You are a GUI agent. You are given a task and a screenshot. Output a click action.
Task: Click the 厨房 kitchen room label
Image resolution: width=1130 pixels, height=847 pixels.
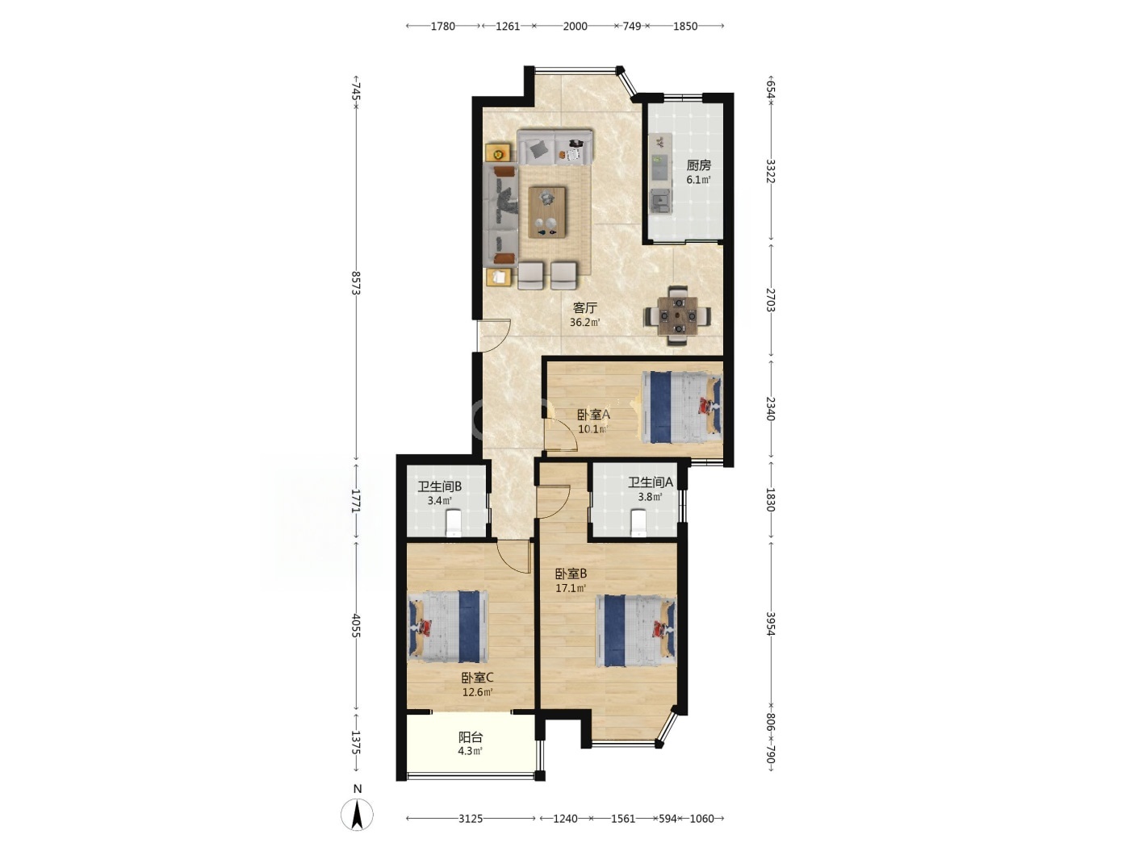click(698, 165)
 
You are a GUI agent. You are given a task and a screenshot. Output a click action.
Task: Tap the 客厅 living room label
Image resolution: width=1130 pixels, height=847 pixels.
click(585, 308)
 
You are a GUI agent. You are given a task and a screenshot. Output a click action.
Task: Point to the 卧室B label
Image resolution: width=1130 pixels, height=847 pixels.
click(571, 574)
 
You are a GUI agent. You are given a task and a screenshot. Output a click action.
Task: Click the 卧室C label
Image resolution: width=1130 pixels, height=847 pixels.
click(477, 678)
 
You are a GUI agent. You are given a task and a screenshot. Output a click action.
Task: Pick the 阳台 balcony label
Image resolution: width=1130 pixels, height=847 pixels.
click(471, 737)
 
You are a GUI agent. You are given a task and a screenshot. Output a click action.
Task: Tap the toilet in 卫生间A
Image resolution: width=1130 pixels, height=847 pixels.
click(638, 523)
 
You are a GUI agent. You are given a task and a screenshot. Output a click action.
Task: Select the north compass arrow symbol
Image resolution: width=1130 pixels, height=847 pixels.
click(357, 815)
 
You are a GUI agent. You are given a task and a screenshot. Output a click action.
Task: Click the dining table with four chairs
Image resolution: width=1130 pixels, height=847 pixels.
click(677, 315)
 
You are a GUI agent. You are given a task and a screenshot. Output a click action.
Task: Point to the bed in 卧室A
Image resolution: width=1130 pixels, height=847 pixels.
click(681, 407)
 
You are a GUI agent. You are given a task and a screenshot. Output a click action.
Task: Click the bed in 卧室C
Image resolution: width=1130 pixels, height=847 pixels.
click(448, 627)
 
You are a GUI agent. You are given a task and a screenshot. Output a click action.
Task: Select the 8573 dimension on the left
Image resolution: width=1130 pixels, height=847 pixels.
click(355, 283)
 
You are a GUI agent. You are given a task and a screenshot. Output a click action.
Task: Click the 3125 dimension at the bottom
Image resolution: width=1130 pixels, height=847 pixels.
click(470, 818)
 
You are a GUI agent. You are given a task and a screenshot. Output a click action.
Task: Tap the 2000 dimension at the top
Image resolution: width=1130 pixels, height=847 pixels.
click(575, 27)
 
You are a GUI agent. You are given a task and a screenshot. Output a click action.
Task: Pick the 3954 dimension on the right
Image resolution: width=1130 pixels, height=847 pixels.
click(770, 624)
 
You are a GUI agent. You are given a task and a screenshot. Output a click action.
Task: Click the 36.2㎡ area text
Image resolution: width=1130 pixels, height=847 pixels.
click(585, 323)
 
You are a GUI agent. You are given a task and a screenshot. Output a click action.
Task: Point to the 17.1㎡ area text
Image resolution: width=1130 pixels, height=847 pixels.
click(571, 588)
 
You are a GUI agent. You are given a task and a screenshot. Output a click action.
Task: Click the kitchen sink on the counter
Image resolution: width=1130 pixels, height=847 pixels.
click(659, 200)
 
